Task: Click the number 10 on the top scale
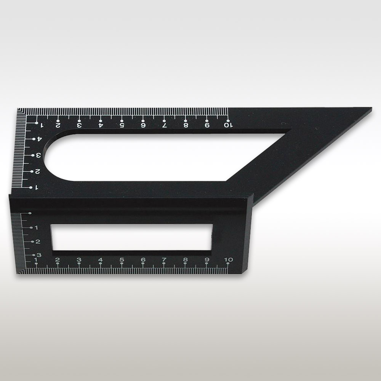pos(228,125)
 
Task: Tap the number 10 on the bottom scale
pos(228,259)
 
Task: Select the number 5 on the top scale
pos(122,125)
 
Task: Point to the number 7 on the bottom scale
pos(164,259)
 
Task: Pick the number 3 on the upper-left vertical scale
pos(38,155)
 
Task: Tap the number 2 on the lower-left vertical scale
pos(38,242)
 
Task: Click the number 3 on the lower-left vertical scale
pos(39,255)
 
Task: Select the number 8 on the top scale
pos(186,125)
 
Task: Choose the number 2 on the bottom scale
pos(58,259)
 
